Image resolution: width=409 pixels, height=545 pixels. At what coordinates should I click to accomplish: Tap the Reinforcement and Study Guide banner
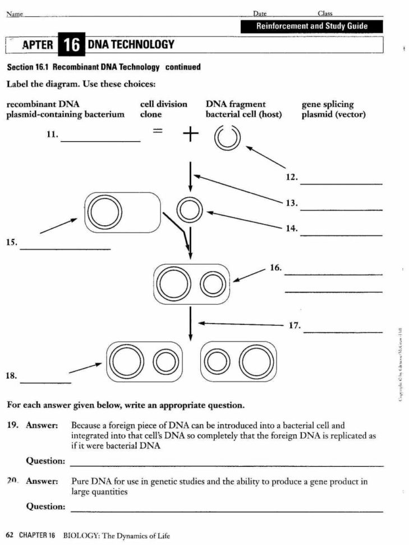pyautogui.click(x=312, y=26)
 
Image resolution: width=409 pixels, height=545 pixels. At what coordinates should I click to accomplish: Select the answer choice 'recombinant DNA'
pyautogui.click(x=43, y=104)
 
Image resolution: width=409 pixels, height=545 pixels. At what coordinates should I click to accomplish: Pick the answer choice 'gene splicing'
pyautogui.click(x=328, y=104)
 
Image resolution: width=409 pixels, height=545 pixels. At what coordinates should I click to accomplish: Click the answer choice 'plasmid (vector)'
pyautogui.click(x=334, y=115)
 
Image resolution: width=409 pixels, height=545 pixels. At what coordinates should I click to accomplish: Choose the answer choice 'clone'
pyautogui.click(x=151, y=115)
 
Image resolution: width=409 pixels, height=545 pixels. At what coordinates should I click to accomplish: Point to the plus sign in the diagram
pyautogui.click(x=191, y=134)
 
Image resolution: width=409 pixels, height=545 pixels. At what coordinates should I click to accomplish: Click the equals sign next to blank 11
pyautogui.click(x=158, y=131)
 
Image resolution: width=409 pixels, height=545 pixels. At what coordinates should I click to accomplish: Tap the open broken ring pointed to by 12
pyautogui.click(x=228, y=138)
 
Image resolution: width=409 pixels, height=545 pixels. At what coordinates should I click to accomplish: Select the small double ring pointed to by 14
pyautogui.click(x=190, y=211)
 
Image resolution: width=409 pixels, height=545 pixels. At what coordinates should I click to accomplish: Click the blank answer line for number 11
pyautogui.click(x=100, y=140)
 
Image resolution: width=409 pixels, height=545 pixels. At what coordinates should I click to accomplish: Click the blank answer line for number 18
pyautogui.click(x=45, y=382)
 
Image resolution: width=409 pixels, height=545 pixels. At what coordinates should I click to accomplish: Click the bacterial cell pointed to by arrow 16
pyautogui.click(x=191, y=284)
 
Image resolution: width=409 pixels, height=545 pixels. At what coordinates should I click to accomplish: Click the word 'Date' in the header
pyautogui.click(x=260, y=13)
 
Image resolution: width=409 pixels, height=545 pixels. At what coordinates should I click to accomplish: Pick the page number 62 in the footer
pyautogui.click(x=10, y=535)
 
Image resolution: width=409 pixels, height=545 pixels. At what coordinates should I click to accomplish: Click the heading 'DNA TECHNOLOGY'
pyautogui.click(x=131, y=45)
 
